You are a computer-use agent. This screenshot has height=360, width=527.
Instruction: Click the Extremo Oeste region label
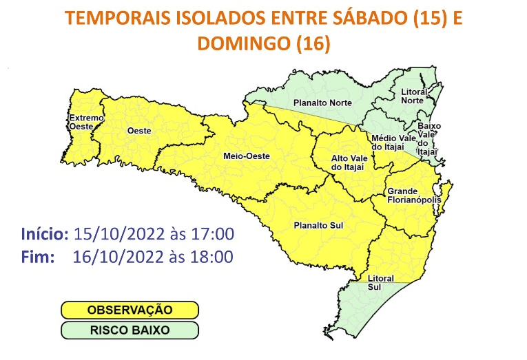point(86,122)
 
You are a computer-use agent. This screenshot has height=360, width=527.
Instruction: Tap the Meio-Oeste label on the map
point(246,156)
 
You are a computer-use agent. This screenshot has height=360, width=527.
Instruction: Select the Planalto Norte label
point(322,103)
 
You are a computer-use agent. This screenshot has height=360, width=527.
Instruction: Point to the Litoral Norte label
point(413,96)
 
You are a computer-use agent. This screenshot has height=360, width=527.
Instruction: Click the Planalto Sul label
point(314,225)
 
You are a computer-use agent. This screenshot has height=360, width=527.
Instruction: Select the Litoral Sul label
point(380,282)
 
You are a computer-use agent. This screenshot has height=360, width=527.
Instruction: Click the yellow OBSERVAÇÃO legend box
point(130,310)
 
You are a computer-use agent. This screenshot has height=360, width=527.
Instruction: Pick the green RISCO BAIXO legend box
point(130,330)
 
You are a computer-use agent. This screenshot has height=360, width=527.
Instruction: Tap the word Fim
point(37,257)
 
